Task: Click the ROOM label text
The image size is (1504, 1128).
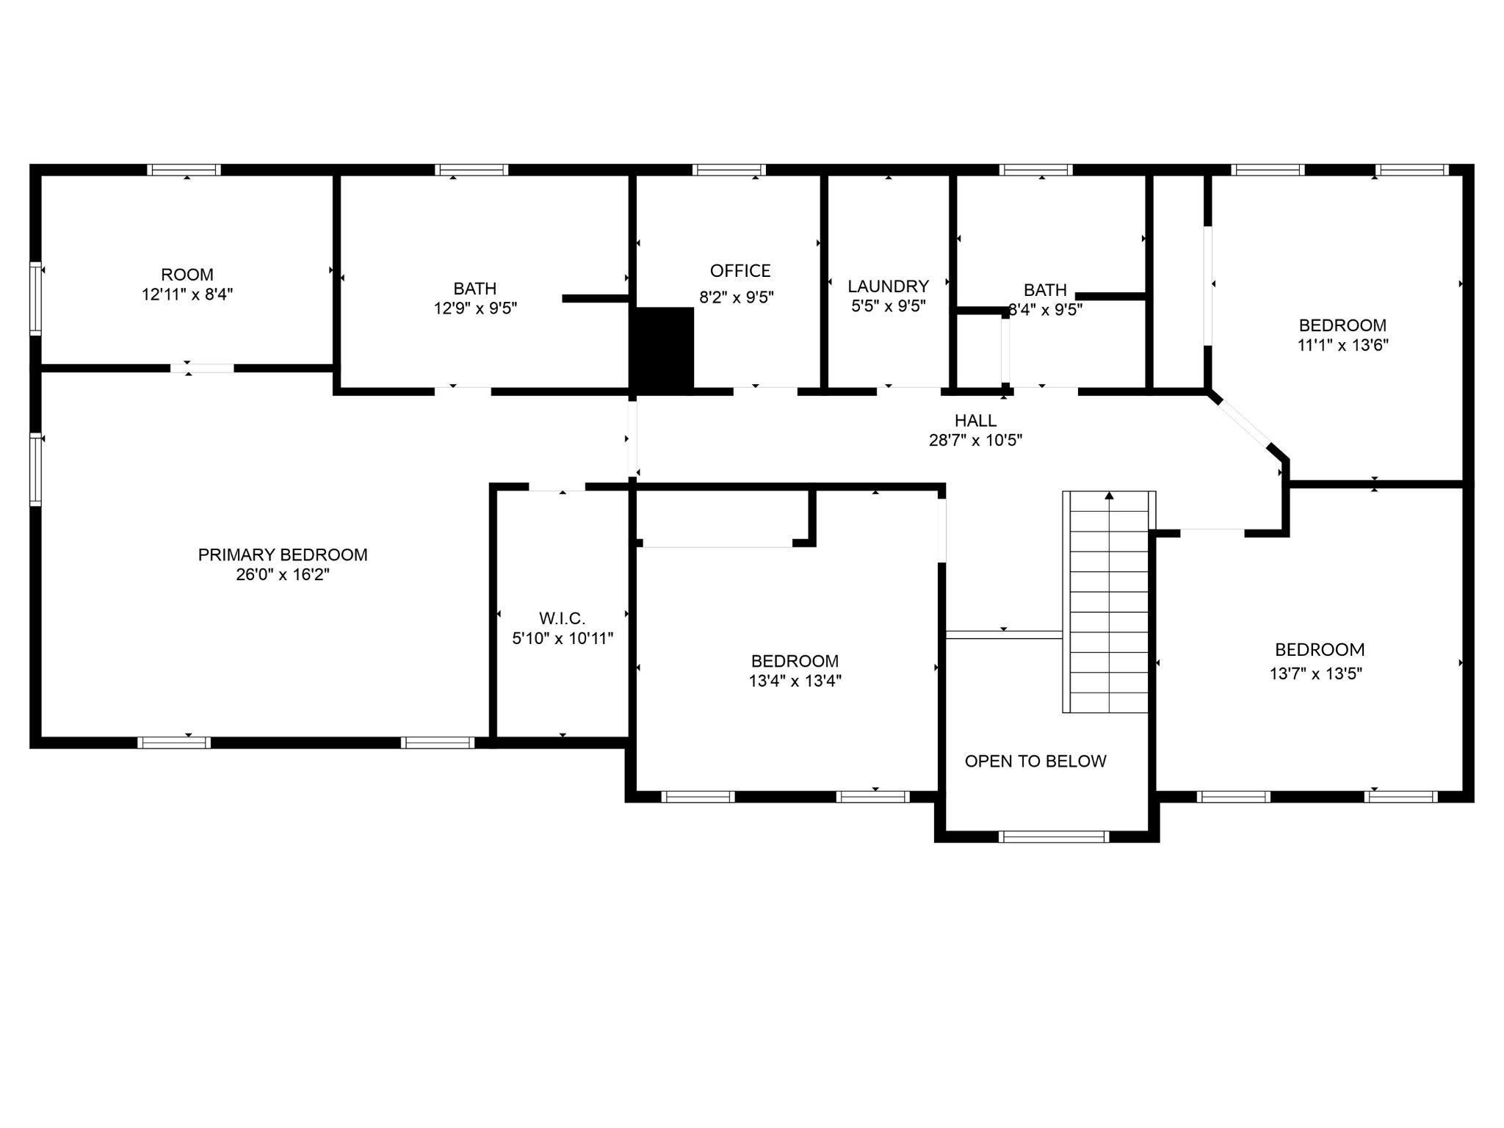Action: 187,275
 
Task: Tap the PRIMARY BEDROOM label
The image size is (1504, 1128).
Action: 283,555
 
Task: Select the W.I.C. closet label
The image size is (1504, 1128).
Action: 562,618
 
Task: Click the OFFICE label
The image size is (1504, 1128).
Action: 740,271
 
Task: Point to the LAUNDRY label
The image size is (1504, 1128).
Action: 889,286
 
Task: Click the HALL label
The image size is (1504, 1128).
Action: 975,421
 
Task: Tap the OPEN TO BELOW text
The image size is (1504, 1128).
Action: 1035,761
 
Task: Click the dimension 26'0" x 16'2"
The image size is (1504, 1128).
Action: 283,575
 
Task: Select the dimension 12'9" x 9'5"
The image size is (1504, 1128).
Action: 475,308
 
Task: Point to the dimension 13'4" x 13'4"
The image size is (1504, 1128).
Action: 795,681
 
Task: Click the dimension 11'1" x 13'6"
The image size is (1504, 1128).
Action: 1342,345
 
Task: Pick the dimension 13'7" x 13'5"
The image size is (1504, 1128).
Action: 1316,673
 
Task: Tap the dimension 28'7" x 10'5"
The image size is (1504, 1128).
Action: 975,441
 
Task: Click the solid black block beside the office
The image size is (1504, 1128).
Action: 662,348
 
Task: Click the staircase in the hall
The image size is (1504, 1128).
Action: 1109,601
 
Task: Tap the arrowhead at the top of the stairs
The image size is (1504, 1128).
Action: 1109,496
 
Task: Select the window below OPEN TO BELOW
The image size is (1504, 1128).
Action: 1054,836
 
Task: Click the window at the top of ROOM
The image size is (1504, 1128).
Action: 184,170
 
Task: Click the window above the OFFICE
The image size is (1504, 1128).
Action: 728,170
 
